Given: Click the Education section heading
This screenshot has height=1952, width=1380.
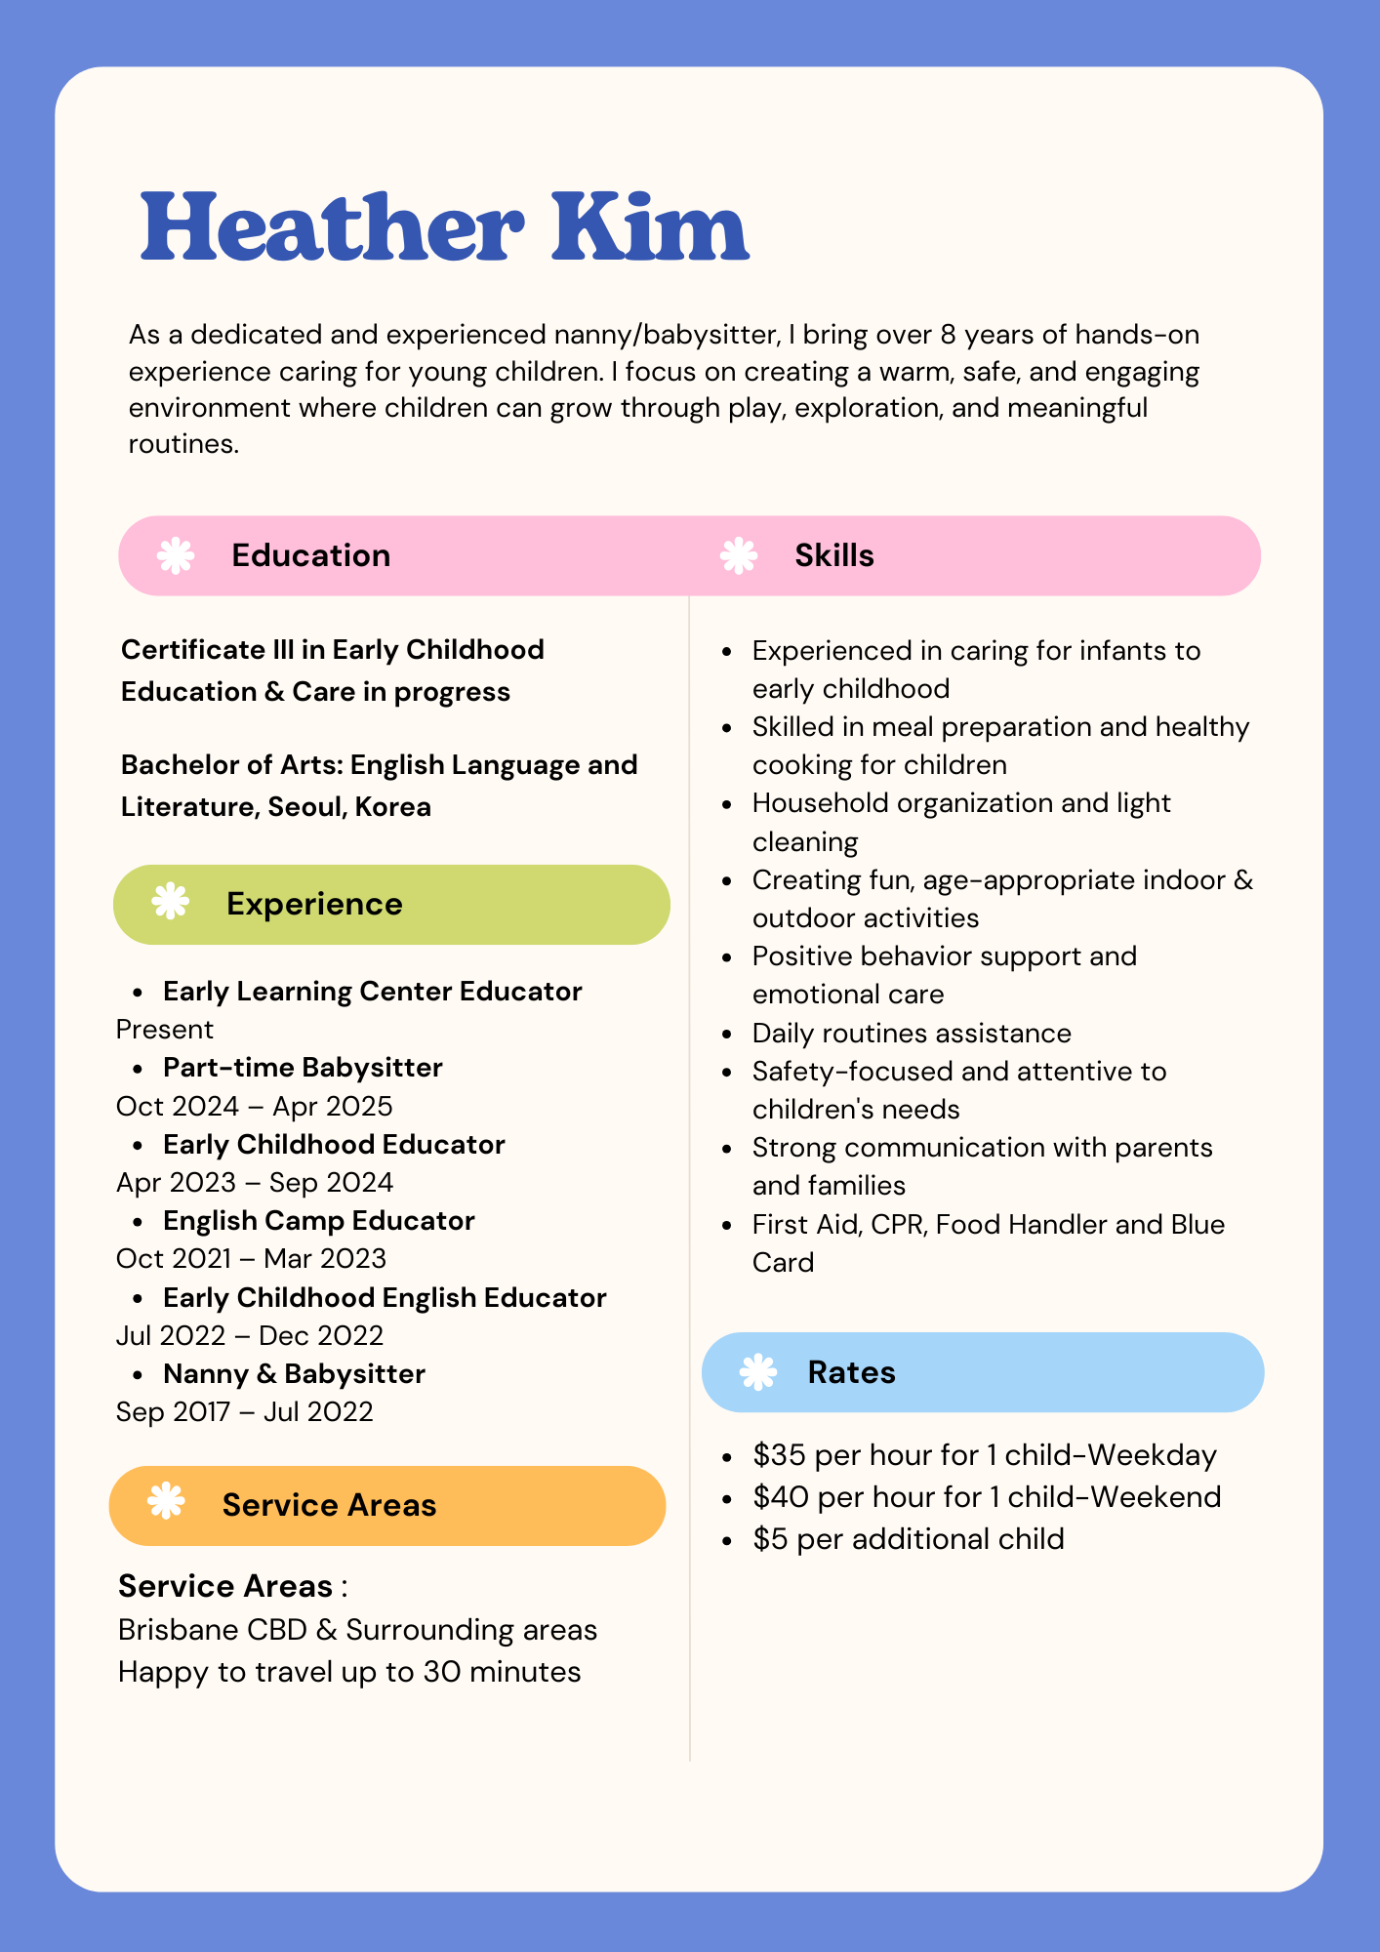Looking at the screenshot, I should click(x=310, y=555).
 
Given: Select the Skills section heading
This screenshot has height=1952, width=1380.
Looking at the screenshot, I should click(x=833, y=555).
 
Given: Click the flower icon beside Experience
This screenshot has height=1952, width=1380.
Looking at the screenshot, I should click(x=171, y=901).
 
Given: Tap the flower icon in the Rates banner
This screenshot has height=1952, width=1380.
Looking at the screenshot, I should click(x=758, y=1372).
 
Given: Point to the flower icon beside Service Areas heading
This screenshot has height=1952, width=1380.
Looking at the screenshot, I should click(x=166, y=1501).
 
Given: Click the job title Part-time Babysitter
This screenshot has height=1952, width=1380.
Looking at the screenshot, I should click(x=303, y=1068).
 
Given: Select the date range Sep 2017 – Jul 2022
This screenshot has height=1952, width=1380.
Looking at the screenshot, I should click(x=244, y=1412).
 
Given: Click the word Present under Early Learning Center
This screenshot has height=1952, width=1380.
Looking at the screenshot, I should click(x=164, y=1030).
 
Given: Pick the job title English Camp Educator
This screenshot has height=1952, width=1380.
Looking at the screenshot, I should click(x=318, y=1221).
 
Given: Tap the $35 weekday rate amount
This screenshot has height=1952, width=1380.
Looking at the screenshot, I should click(x=778, y=1455).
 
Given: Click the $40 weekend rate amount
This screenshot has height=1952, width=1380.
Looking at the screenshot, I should click(x=779, y=1497).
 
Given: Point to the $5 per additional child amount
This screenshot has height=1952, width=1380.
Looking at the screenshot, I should click(x=770, y=1539).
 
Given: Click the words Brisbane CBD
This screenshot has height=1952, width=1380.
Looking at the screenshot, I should click(x=212, y=1630).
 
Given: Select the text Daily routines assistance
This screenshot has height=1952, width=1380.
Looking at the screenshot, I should click(x=912, y=1034).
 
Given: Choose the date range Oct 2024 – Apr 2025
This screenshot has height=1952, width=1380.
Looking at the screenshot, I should click(x=254, y=1107).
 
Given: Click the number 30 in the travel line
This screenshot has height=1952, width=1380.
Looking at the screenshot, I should click(x=441, y=1672).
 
